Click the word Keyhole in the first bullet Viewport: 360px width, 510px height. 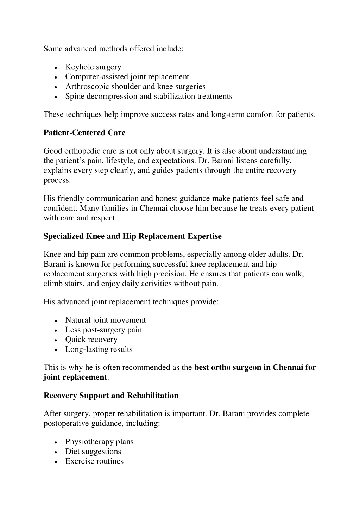pyautogui.click(x=79, y=67)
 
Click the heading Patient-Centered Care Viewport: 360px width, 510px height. pyautogui.click(x=84, y=133)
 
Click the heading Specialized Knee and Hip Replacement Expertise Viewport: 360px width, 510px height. pyautogui.click(x=133, y=236)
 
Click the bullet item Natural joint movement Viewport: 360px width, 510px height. pyautogui.click(x=106, y=320)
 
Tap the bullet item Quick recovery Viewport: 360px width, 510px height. pyautogui.click(x=91, y=340)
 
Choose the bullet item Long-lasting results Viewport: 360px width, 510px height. pyautogui.click(x=99, y=349)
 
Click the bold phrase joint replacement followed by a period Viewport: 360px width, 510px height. pyautogui.click(x=75, y=377)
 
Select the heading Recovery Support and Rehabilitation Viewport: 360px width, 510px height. pyautogui.click(x=111, y=396)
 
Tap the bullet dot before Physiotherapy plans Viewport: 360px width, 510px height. pyautogui.click(x=56, y=442)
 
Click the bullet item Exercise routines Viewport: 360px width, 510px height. pyautogui.click(x=94, y=461)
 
